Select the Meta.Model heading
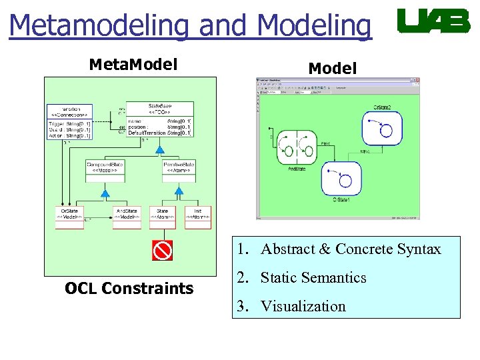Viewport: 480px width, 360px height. pos(133,65)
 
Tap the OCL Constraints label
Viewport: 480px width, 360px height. pos(129,289)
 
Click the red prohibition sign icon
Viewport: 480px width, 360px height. pos(162,250)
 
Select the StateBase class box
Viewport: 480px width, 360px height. pos(160,119)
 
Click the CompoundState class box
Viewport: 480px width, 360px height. pos(105,171)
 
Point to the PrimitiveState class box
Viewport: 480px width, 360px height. pos(179,171)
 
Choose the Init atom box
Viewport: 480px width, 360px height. pos(198,217)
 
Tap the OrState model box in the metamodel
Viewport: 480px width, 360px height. pos(69,217)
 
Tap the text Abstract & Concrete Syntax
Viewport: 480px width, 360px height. pos(351,249)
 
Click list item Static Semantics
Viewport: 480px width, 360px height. pos(313,278)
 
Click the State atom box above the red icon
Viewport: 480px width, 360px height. pos(162,217)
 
